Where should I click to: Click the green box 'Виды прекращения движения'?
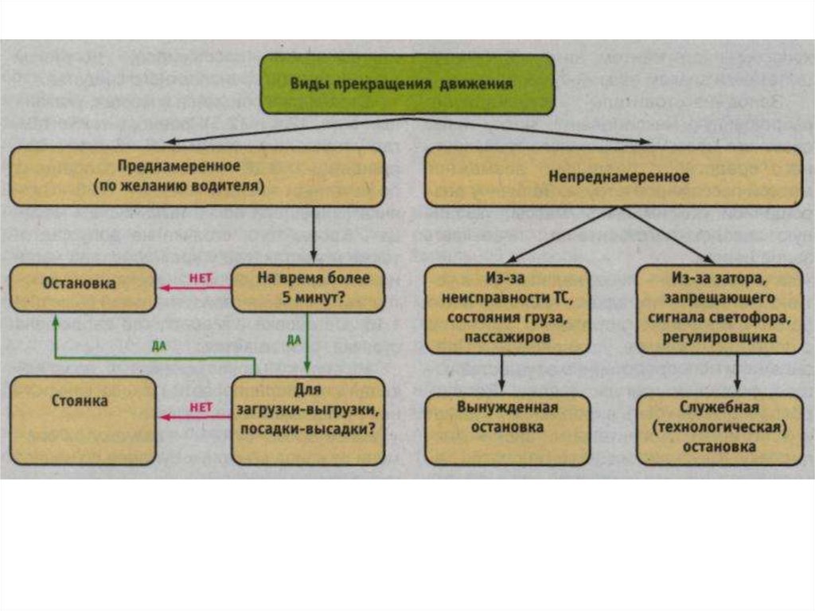(x=407, y=84)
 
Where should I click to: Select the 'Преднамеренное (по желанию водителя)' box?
(x=197, y=177)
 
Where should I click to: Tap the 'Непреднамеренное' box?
(x=614, y=177)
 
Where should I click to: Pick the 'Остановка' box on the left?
(x=83, y=288)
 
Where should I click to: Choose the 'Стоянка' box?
(x=83, y=420)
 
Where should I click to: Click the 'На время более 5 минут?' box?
(x=308, y=288)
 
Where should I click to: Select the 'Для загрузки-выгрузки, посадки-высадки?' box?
(x=308, y=420)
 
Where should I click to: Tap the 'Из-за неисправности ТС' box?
(x=507, y=308)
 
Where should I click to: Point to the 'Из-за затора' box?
(x=719, y=308)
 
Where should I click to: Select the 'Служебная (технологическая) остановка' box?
(x=719, y=429)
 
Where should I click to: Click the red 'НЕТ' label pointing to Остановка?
(x=199, y=278)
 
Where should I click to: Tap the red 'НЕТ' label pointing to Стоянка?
(x=200, y=407)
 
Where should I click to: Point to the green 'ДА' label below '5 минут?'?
(x=293, y=339)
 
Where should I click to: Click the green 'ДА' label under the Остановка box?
(x=158, y=345)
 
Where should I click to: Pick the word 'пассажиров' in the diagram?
(x=507, y=337)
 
